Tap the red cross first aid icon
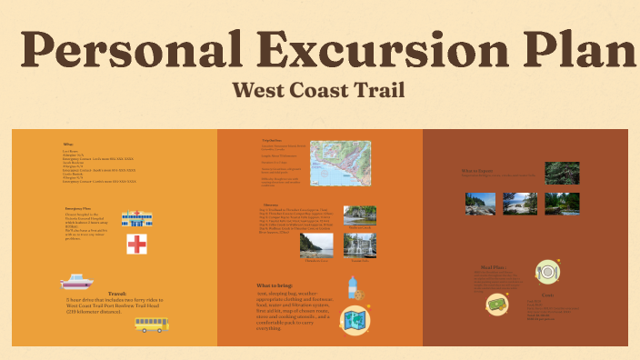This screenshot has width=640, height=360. [x=137, y=244]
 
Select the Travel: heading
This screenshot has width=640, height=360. [x=117, y=294]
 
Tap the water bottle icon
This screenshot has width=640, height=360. [x=353, y=287]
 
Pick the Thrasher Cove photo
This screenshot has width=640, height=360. [x=316, y=245]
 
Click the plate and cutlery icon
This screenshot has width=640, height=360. [x=545, y=270]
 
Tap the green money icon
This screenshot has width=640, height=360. [x=496, y=303]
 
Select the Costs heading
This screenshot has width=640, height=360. [x=547, y=296]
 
